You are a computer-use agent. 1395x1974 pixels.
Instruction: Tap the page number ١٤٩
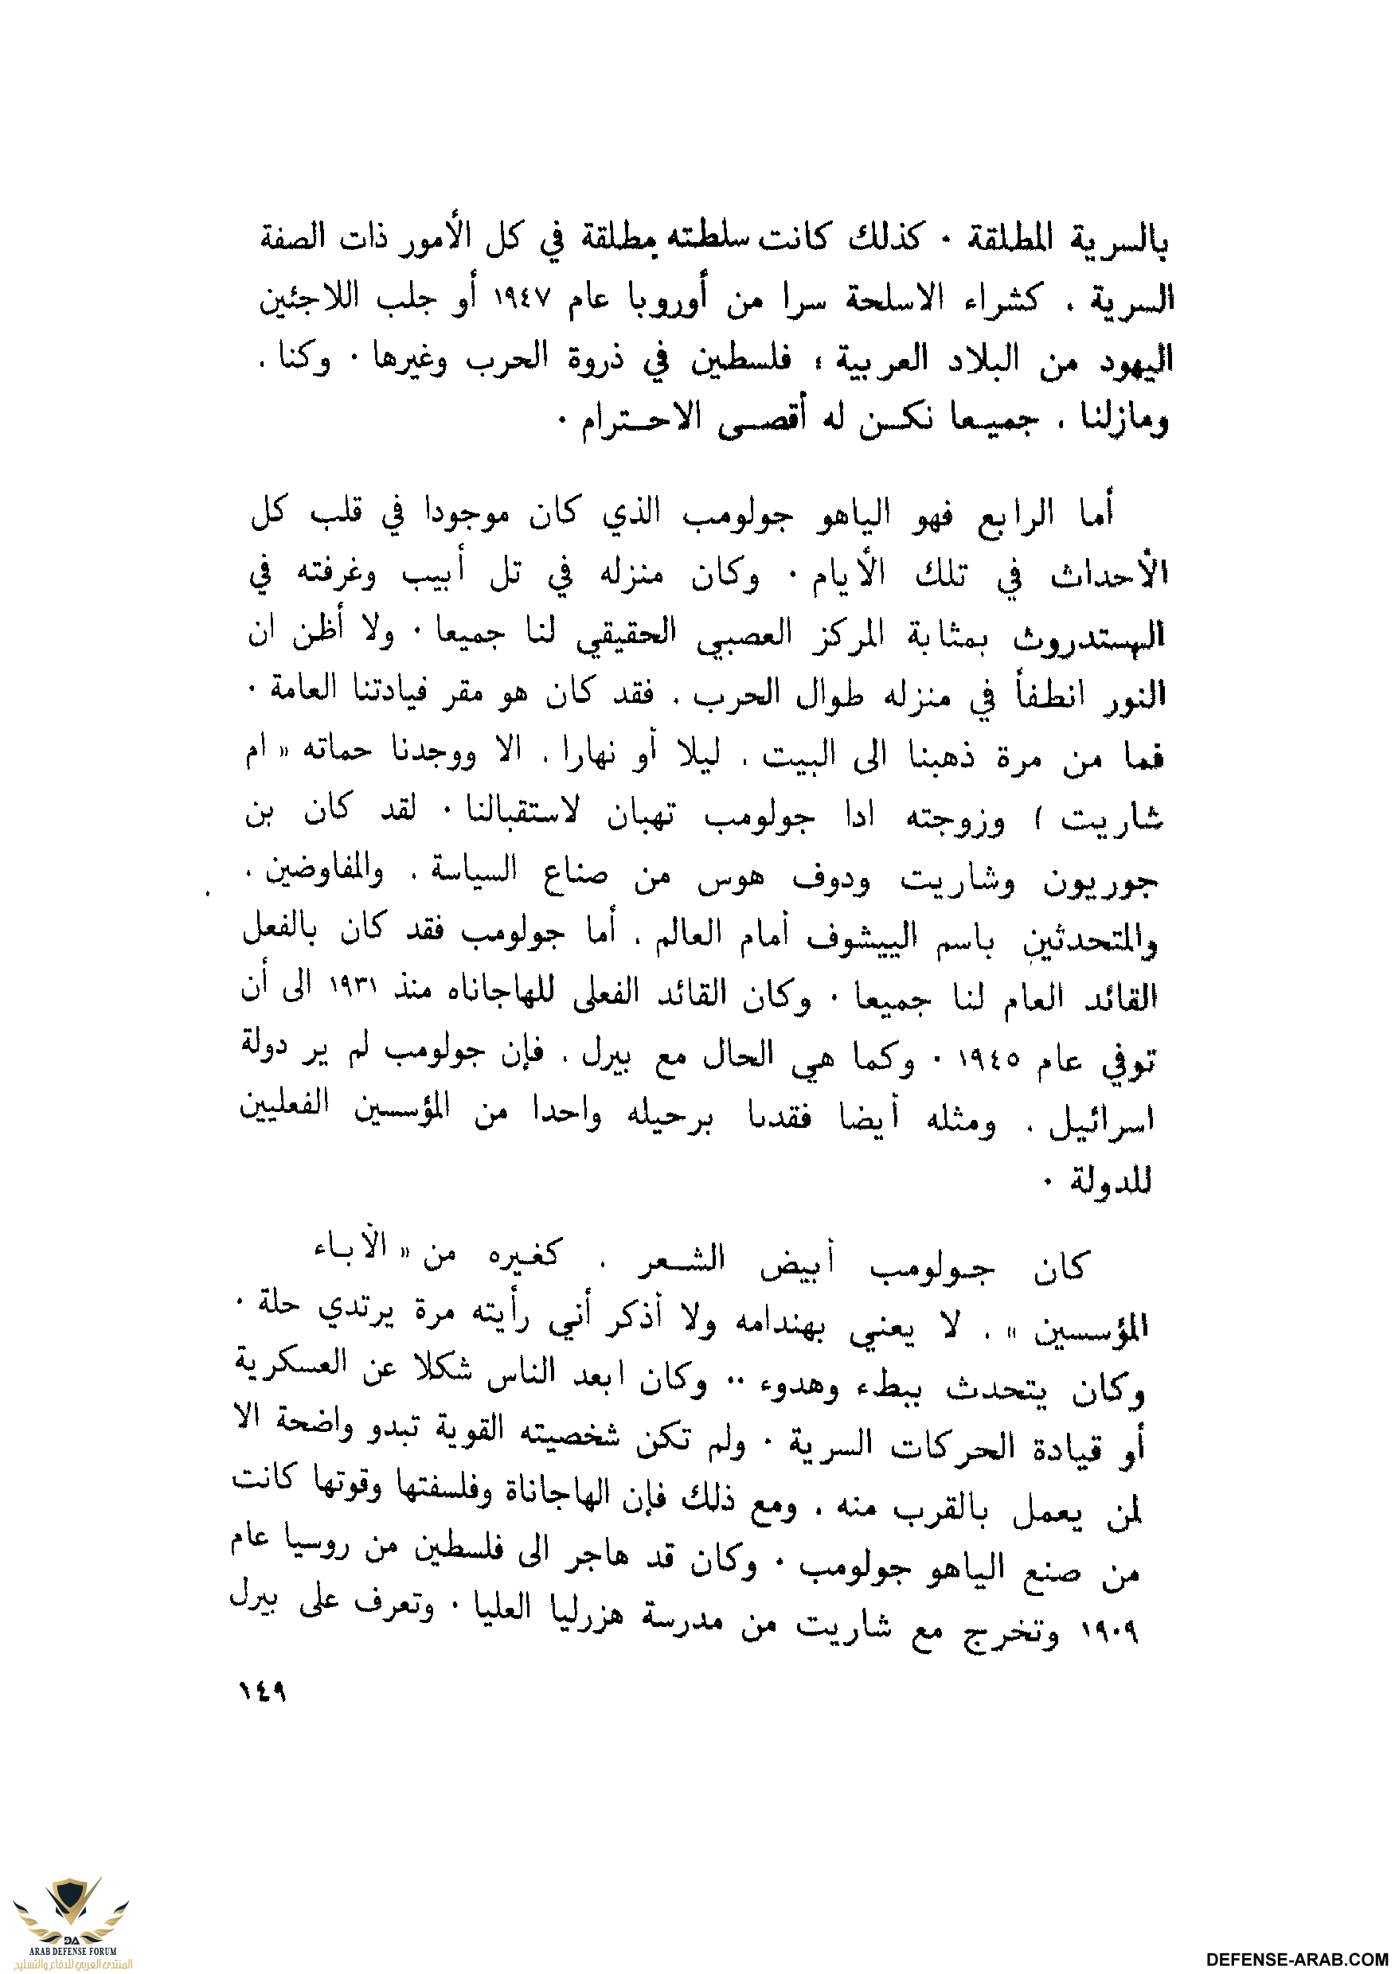(262, 1691)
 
